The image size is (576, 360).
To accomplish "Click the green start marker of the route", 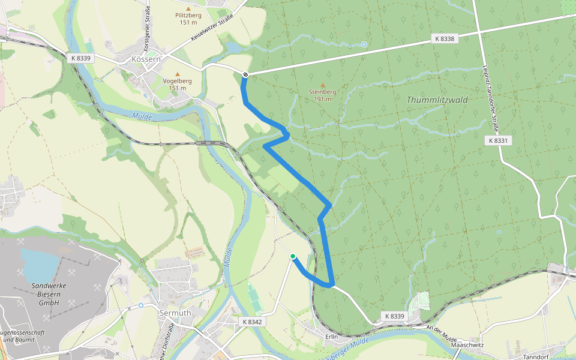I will tap(293, 257).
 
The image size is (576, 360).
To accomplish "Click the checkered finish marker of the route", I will tap(246, 74).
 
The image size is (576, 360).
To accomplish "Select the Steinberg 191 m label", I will tap(322, 95).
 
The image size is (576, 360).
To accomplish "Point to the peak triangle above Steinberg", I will tap(323, 85).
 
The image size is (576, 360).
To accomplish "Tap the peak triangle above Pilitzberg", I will tap(189, 9).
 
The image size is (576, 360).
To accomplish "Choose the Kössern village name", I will tap(147, 59).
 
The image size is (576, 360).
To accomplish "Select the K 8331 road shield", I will tap(498, 140).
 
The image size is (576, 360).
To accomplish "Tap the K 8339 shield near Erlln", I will tap(394, 316).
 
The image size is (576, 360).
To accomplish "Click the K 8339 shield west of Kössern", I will tap(80, 58).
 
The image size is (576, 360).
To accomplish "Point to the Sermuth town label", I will tap(175, 313).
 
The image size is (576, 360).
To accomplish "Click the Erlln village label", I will tap(332, 337).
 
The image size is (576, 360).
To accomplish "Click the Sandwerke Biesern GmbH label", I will tap(49, 294).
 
